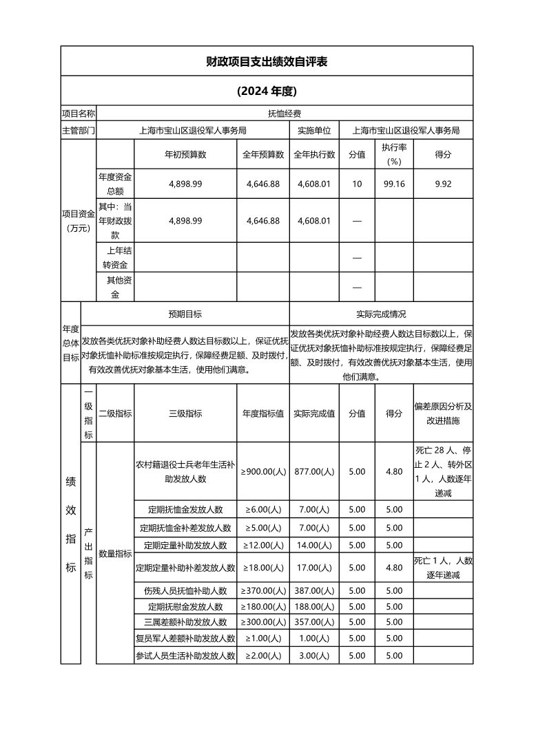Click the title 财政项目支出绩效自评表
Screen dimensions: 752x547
point(267,61)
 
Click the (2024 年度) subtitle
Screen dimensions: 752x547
point(267,91)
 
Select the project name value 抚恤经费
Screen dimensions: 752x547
point(285,113)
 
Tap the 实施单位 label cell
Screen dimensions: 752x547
point(314,129)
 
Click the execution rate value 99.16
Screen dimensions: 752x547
point(394,184)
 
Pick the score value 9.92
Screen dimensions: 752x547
point(443,184)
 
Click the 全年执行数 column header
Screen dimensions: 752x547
point(314,155)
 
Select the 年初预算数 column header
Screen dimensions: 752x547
point(185,155)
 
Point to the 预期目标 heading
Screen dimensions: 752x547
point(185,314)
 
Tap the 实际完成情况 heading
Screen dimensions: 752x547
point(381,314)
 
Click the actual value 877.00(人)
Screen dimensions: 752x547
point(314,471)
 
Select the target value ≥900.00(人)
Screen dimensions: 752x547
point(263,471)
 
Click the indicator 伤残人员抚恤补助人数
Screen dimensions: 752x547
point(185,590)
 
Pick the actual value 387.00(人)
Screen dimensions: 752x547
point(314,590)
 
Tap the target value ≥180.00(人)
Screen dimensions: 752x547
point(263,606)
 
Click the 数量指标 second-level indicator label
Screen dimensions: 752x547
point(115,553)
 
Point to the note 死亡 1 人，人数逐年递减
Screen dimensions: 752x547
point(443,568)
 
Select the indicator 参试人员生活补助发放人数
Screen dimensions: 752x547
point(185,656)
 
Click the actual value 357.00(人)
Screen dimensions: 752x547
point(314,622)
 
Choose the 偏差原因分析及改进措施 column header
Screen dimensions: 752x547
point(443,413)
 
